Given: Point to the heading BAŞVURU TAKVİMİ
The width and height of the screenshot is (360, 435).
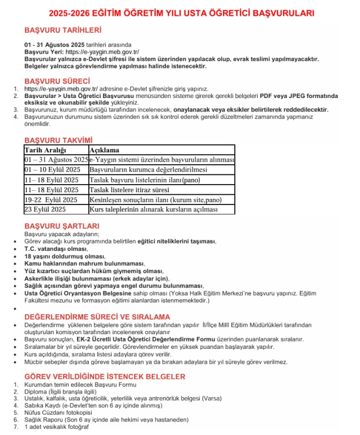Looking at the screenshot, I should click(x=58, y=140).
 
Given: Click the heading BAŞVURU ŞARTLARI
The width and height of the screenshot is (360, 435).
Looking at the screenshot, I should click(x=58, y=226).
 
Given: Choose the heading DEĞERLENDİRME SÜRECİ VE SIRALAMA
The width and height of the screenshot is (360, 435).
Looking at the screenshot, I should click(x=97, y=316).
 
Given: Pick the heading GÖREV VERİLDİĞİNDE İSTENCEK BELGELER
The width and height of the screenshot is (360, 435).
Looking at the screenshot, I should click(x=105, y=376).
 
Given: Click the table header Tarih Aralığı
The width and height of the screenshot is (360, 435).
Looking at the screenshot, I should click(x=45, y=150).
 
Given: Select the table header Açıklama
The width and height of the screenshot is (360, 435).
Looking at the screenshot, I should click(x=105, y=150).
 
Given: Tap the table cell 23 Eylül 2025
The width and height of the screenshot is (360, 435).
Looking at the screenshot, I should click(x=45, y=210).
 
